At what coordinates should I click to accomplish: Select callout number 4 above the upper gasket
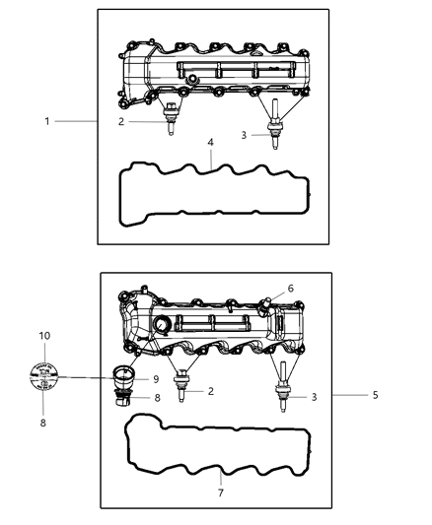coord(210,143)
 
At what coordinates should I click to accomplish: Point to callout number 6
coord(290,288)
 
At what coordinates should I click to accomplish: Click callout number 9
coord(155,379)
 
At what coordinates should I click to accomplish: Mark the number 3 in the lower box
coord(315,397)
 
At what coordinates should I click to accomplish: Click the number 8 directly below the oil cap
coord(43,424)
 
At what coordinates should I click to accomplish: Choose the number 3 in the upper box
coord(243,135)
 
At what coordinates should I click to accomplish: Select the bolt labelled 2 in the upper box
coord(173,121)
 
